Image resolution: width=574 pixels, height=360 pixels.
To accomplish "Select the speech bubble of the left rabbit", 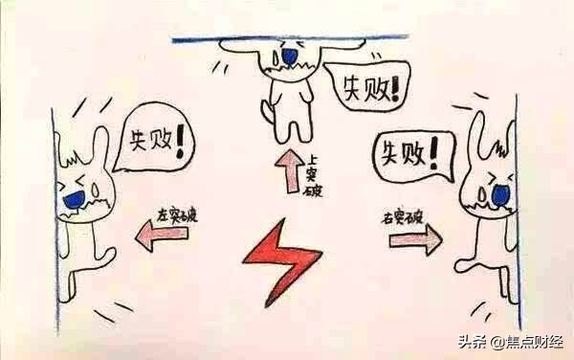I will (152, 145).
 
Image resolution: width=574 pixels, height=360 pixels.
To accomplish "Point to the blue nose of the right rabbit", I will (498, 194).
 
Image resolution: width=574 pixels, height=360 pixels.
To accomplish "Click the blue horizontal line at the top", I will (287, 39).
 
